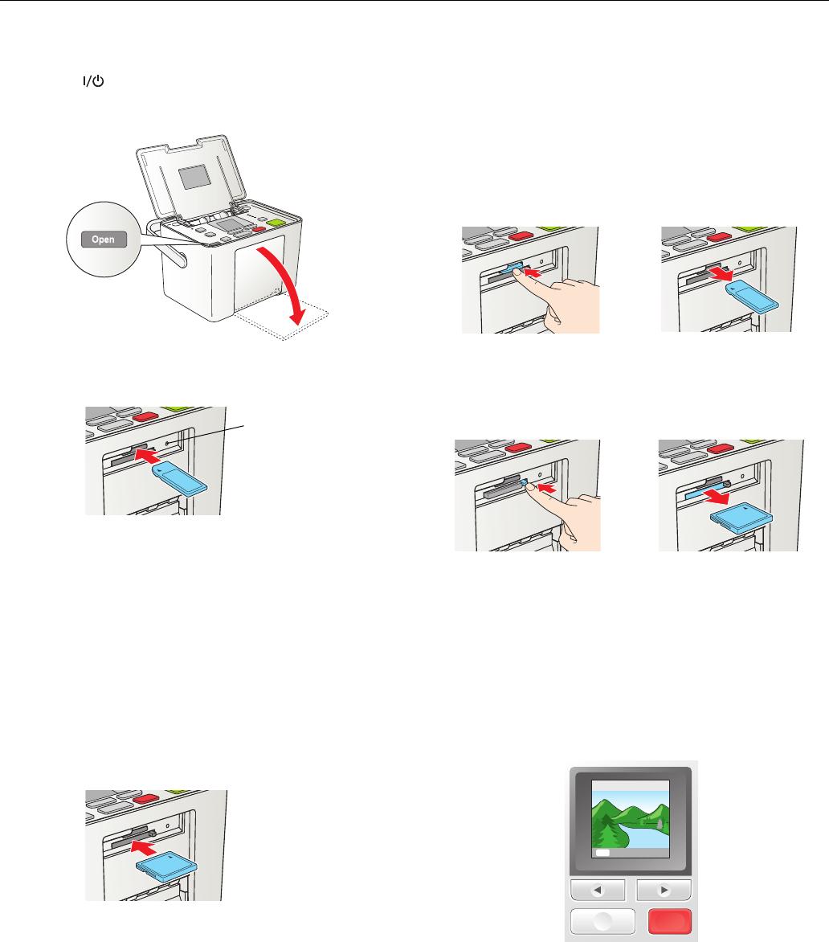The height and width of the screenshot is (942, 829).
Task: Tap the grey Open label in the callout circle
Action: coord(104,239)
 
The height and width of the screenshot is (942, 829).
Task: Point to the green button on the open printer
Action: coord(276,223)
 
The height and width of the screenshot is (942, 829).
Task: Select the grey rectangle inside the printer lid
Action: coord(194,177)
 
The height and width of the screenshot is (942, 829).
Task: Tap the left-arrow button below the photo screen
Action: coord(598,891)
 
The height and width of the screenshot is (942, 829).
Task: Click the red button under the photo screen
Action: coord(669,921)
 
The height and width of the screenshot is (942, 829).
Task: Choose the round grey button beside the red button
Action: coord(602,922)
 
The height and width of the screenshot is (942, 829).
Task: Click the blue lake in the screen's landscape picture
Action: coord(643,835)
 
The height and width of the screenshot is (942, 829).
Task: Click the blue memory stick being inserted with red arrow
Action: coord(180,479)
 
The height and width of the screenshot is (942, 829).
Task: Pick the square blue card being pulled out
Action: coord(741,518)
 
